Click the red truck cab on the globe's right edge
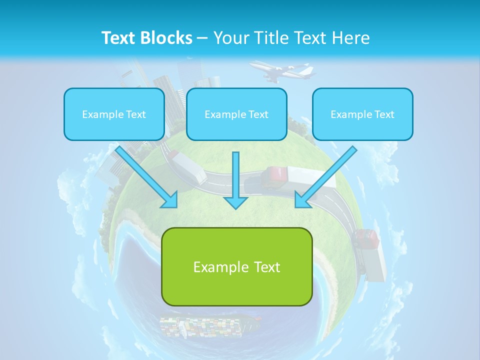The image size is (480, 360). tap(367, 238)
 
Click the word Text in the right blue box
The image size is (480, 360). tap(384, 114)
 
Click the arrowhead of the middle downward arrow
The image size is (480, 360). tap(236, 202)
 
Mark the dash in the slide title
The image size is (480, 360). tap(202, 38)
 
